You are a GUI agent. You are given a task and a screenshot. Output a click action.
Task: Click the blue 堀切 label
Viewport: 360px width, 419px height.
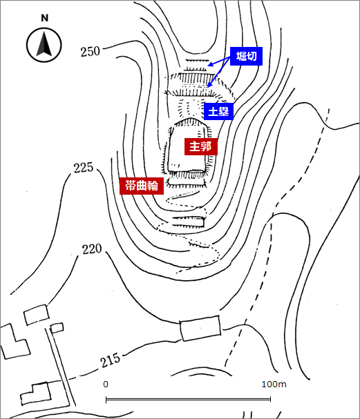(x=246, y=56)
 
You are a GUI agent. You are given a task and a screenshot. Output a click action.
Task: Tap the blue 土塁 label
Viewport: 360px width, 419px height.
(x=218, y=111)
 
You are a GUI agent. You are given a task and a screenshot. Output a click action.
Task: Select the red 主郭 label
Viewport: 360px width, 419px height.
(x=200, y=146)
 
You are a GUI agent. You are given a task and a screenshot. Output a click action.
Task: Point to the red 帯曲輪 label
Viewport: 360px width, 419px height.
(x=142, y=186)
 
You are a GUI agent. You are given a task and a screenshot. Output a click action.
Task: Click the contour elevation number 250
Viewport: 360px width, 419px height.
(x=91, y=51)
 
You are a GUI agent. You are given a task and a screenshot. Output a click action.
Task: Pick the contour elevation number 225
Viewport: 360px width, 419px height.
(x=84, y=168)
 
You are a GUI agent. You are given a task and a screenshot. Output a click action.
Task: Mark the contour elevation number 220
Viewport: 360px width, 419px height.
(x=92, y=249)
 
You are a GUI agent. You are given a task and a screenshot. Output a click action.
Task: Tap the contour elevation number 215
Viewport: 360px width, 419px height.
(x=111, y=360)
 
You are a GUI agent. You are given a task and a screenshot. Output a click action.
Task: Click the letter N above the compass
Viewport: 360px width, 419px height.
(x=45, y=18)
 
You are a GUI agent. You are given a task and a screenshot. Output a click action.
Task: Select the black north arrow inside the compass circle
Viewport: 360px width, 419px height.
(x=44, y=43)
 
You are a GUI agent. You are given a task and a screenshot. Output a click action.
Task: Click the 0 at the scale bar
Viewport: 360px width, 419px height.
(x=106, y=384)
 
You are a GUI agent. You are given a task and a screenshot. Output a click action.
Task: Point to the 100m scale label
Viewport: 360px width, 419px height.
(x=274, y=384)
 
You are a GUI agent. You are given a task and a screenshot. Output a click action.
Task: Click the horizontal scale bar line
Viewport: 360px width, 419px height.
(x=188, y=400)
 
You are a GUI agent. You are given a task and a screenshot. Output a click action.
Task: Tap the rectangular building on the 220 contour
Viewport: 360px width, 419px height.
(x=200, y=328)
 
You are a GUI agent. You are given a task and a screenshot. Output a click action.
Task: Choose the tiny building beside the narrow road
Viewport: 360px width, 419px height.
(x=57, y=328)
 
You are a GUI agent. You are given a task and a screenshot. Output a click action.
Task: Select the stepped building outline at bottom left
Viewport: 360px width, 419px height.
(x=35, y=393)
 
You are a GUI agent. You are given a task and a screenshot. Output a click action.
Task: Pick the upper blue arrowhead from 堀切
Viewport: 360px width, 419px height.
(x=211, y=64)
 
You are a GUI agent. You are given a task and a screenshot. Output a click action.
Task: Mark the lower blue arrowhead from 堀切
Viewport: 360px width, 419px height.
(x=210, y=84)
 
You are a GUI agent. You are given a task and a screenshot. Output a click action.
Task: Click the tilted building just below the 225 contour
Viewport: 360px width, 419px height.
(x=37, y=315)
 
